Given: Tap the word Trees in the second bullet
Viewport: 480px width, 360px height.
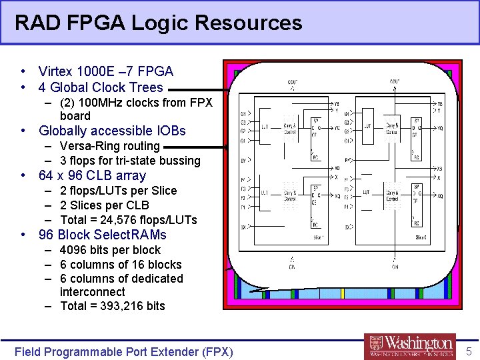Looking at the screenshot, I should coord(148,87).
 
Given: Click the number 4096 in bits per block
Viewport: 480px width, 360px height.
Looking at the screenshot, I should coord(73,250).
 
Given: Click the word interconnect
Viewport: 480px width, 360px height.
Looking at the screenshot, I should coord(92,292).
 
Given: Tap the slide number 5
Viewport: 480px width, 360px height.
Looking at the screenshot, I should coord(468,351).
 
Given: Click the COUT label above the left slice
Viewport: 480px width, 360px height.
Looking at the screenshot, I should coord(293,83).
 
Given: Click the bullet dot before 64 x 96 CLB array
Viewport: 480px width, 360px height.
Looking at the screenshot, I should coord(23,176).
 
